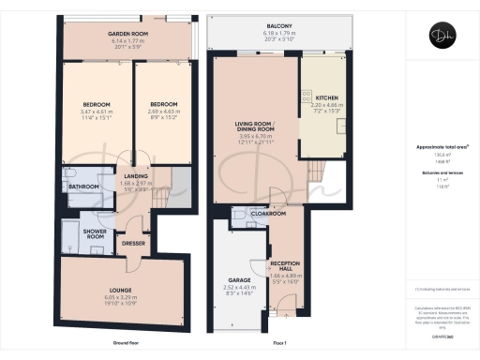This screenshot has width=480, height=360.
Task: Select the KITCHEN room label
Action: pos(326,97)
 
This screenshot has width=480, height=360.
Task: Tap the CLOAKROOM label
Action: pos(269,213)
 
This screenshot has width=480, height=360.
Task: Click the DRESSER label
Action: pos(133,243)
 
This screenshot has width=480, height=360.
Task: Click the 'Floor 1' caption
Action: pos(277,345)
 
